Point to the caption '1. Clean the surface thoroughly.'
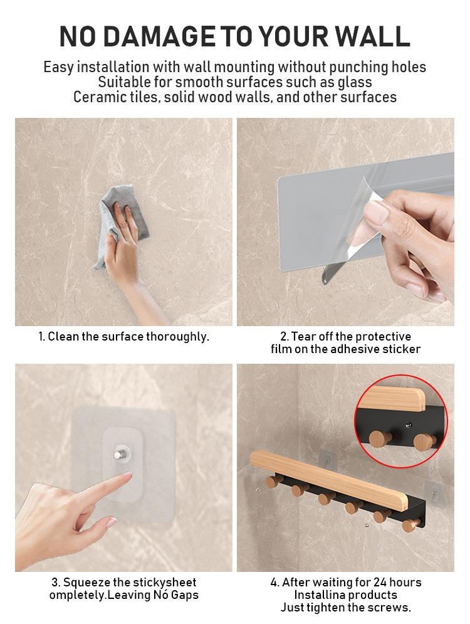123,337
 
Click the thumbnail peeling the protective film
345,221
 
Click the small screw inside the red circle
407,425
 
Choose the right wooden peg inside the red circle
425,443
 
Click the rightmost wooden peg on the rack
410,526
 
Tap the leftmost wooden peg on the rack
273,482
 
